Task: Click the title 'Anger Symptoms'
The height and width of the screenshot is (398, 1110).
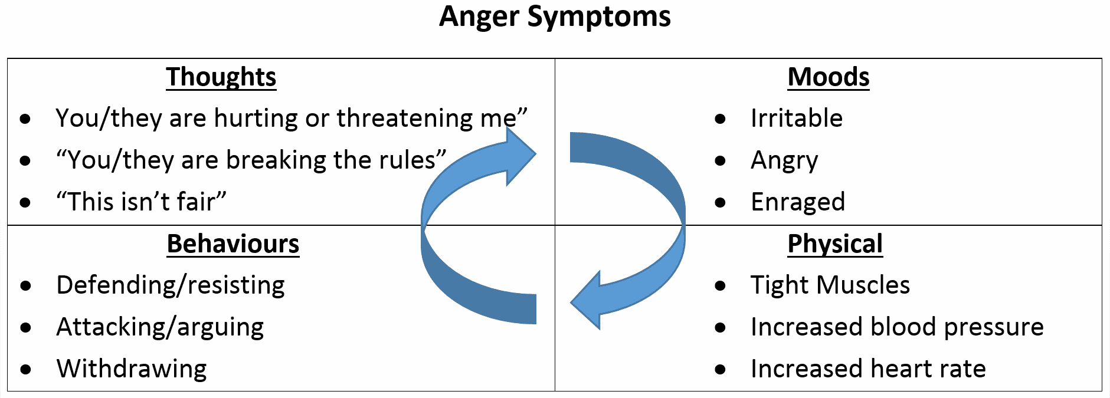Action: click(x=555, y=17)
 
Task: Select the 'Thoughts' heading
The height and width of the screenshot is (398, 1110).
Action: click(x=221, y=77)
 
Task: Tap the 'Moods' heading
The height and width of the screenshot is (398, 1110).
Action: click(x=828, y=77)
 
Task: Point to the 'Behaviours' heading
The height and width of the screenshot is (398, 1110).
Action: click(x=233, y=244)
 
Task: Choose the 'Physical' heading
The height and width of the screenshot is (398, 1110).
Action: click(x=834, y=244)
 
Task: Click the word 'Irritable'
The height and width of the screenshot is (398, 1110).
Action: click(x=796, y=119)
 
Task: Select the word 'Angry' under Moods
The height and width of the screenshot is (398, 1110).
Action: click(x=784, y=160)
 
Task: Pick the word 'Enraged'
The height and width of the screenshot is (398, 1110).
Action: click(x=797, y=202)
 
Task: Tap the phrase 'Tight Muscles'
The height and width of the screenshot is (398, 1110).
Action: click(x=830, y=285)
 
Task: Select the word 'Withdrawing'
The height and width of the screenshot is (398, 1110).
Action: click(x=132, y=369)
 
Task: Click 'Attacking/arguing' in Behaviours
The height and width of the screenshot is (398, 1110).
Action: click(x=160, y=327)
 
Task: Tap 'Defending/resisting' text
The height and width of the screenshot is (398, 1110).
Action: click(x=171, y=285)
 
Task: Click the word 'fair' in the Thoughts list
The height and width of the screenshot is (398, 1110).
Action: click(x=195, y=202)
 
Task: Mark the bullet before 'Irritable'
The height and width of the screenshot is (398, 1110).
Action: click(x=719, y=119)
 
